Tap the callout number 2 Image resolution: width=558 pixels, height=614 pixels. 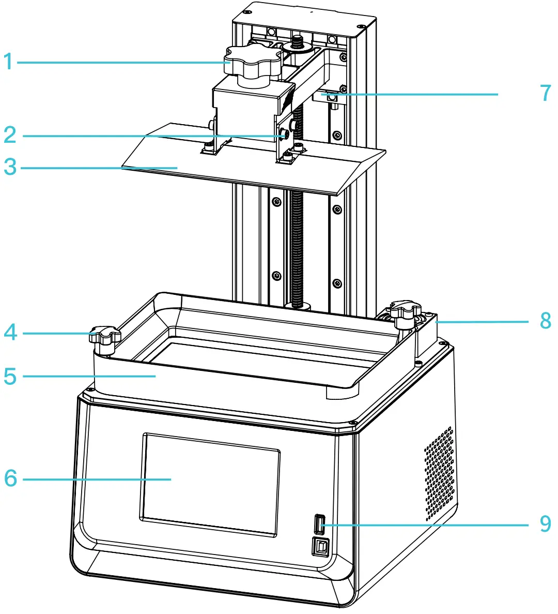pyautogui.click(x=9, y=136)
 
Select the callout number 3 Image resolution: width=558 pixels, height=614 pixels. pyautogui.click(x=9, y=167)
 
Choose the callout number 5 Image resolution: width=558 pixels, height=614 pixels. pyautogui.click(x=9, y=376)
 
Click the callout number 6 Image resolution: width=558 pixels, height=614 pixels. pyautogui.click(x=10, y=478)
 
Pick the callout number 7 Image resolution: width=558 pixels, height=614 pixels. pyautogui.click(x=546, y=94)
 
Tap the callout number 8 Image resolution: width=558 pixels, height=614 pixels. pyautogui.click(x=546, y=321)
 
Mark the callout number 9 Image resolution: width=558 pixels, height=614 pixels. pyautogui.click(x=546, y=523)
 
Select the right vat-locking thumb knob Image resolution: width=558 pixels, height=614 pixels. pyautogui.click(x=406, y=312)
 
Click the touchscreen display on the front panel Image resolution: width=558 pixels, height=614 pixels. pyautogui.click(x=210, y=484)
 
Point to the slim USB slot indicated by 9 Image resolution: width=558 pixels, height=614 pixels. pyautogui.click(x=319, y=524)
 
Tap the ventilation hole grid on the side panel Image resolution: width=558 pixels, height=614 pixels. pyautogui.click(x=441, y=473)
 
